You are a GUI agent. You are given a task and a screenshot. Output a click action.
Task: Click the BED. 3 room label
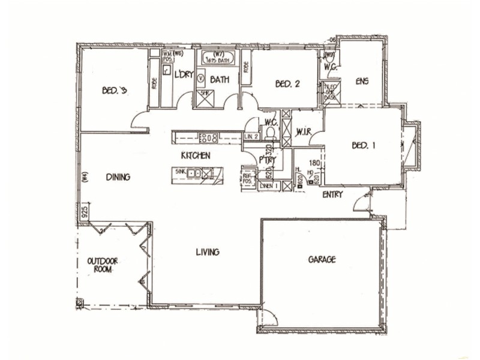[x=115, y=91]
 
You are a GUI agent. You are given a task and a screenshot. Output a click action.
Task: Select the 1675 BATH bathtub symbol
[x=216, y=59]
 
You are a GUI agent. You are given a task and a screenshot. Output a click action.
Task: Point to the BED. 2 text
[x=287, y=84]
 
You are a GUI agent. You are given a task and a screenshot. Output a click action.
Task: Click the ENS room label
[x=361, y=80]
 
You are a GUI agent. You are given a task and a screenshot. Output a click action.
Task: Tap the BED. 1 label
[x=364, y=145]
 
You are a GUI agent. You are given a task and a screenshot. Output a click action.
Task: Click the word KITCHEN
[x=196, y=155]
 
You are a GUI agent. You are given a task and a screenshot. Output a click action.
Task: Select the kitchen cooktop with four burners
[x=208, y=137]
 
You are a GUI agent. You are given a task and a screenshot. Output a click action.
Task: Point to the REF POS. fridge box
[x=248, y=178]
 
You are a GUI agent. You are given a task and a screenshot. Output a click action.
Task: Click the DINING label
[x=118, y=177]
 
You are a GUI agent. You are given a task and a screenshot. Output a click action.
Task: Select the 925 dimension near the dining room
[x=86, y=211]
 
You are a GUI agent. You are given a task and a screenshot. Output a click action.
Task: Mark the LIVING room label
[x=207, y=252]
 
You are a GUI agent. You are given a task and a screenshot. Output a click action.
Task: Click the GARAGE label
[x=322, y=260]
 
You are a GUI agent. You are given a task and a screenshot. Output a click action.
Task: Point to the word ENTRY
[x=332, y=195]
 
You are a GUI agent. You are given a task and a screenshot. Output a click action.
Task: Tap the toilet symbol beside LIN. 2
[x=269, y=133]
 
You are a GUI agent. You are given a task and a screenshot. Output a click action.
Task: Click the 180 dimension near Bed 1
[x=313, y=163]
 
